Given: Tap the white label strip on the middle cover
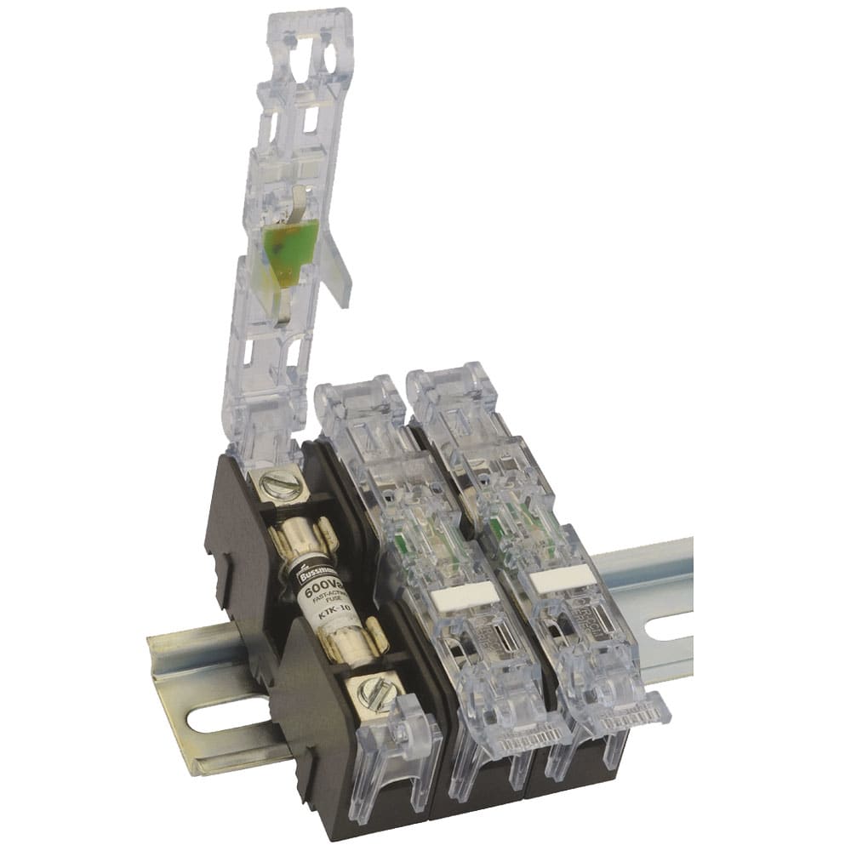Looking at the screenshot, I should point(464,596).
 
